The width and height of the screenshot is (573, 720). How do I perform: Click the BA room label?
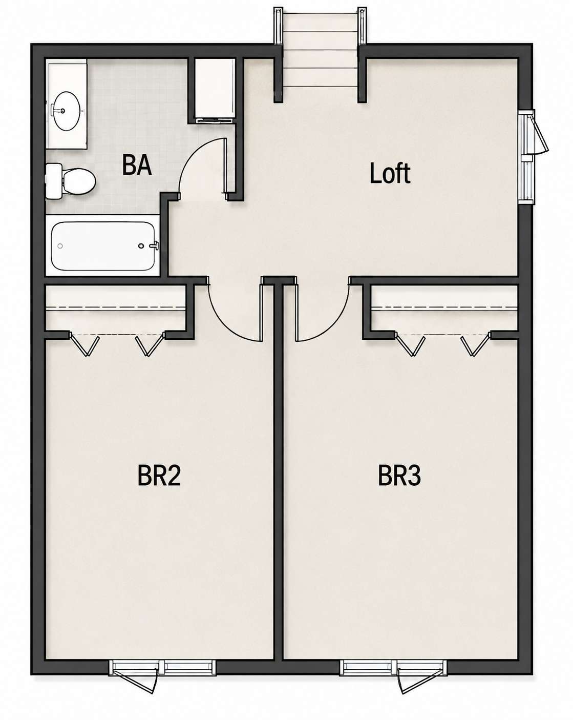point(137,164)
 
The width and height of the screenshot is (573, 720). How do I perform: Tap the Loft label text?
point(390,173)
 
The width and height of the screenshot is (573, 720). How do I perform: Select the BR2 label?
point(159,476)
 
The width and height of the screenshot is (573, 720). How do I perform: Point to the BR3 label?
point(399,476)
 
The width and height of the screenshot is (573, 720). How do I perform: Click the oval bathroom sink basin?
point(67,111)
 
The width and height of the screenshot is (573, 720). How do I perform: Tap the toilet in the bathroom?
point(71,182)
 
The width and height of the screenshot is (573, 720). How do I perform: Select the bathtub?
point(102,246)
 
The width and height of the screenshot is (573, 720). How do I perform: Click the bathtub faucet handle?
point(155,245)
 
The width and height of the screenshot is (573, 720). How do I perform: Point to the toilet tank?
point(53,182)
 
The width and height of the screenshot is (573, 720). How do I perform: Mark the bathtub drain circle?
point(60,246)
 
